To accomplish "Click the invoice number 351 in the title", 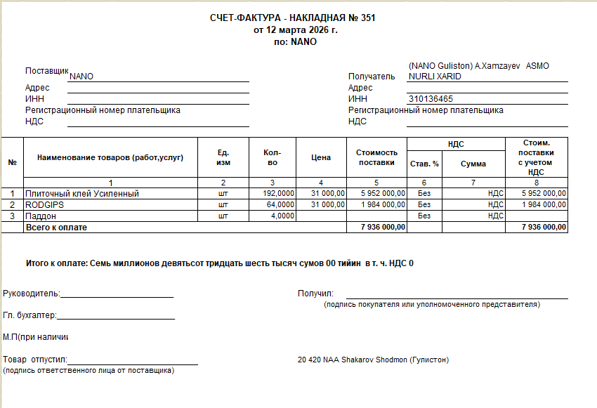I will tap(367, 18).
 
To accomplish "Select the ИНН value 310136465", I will tap(431, 99).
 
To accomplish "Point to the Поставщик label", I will tap(46, 72).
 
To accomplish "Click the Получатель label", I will tap(372, 77).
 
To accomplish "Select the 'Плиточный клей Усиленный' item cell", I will tap(82, 194).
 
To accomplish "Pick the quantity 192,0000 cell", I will tap(278, 194).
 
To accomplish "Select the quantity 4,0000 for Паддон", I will tap(282, 216).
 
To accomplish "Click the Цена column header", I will tap(321, 158).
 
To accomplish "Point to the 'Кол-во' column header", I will tap(273, 158).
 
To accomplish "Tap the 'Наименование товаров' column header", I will tap(110, 158).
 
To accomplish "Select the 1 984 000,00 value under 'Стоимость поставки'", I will tap(383, 204).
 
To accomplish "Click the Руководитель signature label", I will tap(32, 294).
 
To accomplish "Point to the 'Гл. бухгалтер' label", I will tap(29, 316).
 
